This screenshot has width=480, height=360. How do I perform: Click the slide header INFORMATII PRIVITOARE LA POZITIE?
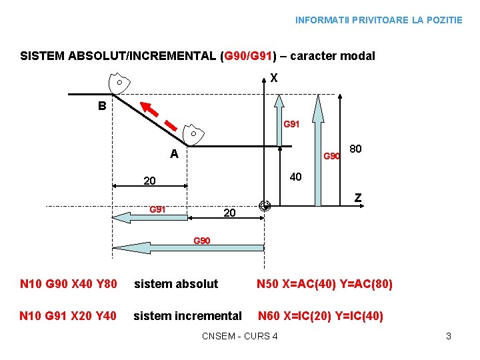point(379,20)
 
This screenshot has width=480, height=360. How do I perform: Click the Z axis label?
point(358,198)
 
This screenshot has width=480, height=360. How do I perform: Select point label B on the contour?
point(101,105)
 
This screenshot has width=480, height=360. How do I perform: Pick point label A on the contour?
point(174,154)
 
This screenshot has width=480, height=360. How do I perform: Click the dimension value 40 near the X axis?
point(295,177)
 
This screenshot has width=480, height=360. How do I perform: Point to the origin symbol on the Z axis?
point(265,206)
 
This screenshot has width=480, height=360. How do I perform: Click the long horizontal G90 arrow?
point(189,248)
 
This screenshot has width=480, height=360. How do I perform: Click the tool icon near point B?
point(119,83)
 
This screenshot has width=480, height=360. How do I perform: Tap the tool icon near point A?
point(193,134)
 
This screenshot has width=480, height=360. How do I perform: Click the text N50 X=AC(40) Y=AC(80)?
point(325,284)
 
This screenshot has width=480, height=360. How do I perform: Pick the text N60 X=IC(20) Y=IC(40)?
point(321,316)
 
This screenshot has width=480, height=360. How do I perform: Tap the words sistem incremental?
point(188,316)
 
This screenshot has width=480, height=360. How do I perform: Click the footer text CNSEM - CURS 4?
point(239,336)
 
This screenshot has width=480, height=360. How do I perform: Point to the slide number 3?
point(449,336)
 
